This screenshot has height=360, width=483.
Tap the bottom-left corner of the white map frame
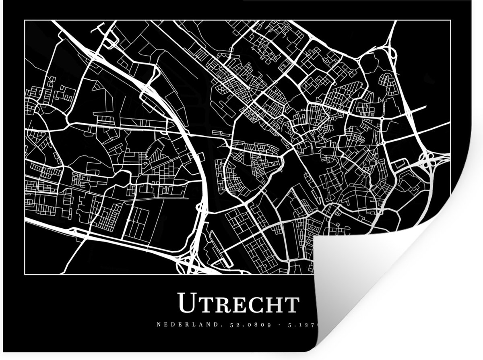25,273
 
